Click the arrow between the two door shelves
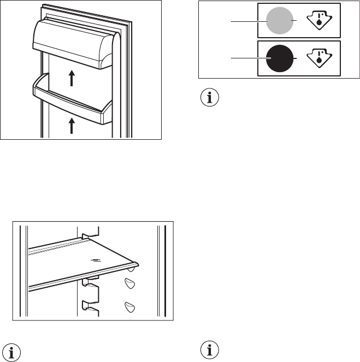(72, 80)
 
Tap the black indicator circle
(279, 57)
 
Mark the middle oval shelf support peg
(129, 283)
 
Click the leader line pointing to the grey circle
(249, 21)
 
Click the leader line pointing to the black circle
(249, 57)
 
